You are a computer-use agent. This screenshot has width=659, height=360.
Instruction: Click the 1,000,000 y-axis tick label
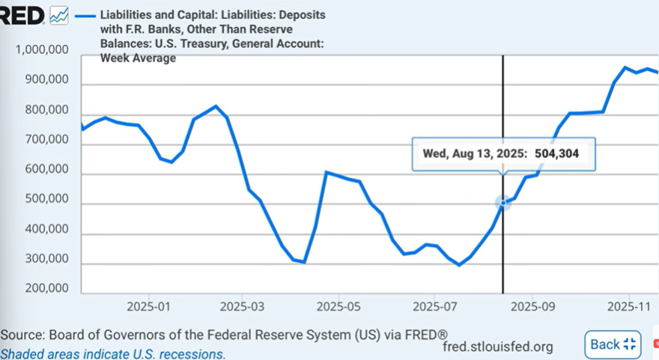43,50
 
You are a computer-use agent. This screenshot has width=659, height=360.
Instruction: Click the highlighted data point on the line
502,202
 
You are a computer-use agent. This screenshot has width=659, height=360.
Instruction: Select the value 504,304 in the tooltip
556,153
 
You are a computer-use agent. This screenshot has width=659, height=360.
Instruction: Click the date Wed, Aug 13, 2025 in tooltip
474,153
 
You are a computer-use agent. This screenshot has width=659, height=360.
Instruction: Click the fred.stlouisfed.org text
498,346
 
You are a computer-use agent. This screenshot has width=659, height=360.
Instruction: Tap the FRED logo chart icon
59,15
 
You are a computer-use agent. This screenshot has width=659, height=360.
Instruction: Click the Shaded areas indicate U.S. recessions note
113,353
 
